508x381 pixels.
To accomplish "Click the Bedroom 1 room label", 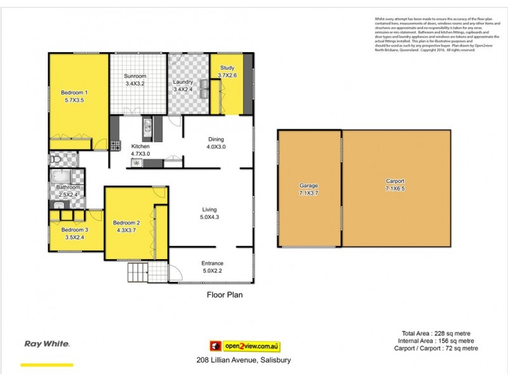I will coord(74,93).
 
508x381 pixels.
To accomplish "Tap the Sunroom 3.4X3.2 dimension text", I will coord(135,83).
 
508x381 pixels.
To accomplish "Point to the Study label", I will coord(227,68).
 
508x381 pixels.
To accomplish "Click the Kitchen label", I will coord(140,146).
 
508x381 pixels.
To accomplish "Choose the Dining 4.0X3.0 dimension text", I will coord(216,147).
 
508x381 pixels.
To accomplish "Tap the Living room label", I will coord(210,209).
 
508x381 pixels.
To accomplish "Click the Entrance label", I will coord(212,264).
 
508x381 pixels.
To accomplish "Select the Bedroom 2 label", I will coord(126,222).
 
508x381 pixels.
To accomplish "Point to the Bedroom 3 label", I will coord(75,229).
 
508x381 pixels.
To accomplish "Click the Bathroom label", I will coord(67,187).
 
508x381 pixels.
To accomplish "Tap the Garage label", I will coord(309,185).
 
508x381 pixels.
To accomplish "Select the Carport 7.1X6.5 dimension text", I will coord(395,189).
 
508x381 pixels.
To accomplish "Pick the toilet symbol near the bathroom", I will coord(55,158).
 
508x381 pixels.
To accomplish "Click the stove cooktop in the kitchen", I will coord(116,145).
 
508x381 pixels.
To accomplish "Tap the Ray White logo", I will coord(46,344).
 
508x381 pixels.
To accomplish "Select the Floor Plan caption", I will coord(225,295).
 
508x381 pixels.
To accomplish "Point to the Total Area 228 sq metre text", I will coord(436,333).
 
